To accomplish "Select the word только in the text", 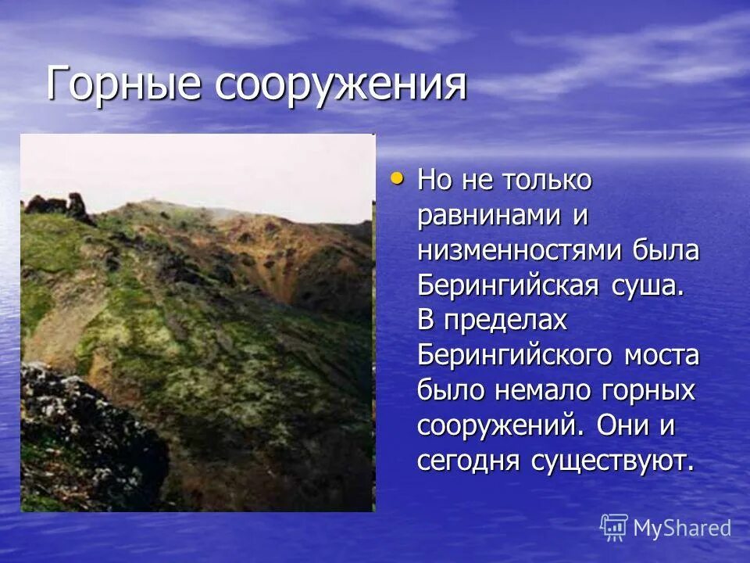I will click(547, 181).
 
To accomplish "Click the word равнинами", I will click(487, 216).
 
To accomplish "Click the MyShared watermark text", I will click(682, 528).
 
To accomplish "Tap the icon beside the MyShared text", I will click(614, 528).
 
